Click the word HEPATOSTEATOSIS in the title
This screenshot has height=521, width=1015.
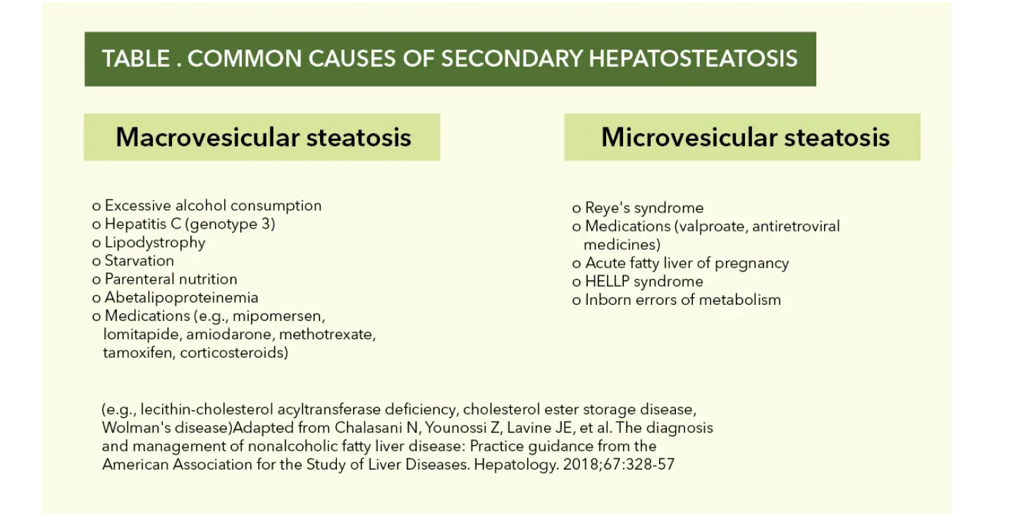click(x=693, y=58)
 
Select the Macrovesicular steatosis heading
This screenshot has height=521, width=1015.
click(x=264, y=137)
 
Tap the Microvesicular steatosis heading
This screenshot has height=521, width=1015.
click(x=746, y=137)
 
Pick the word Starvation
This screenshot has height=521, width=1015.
click(x=139, y=260)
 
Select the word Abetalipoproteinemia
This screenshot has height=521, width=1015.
click(x=181, y=298)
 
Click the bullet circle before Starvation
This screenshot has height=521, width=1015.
click(x=96, y=262)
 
